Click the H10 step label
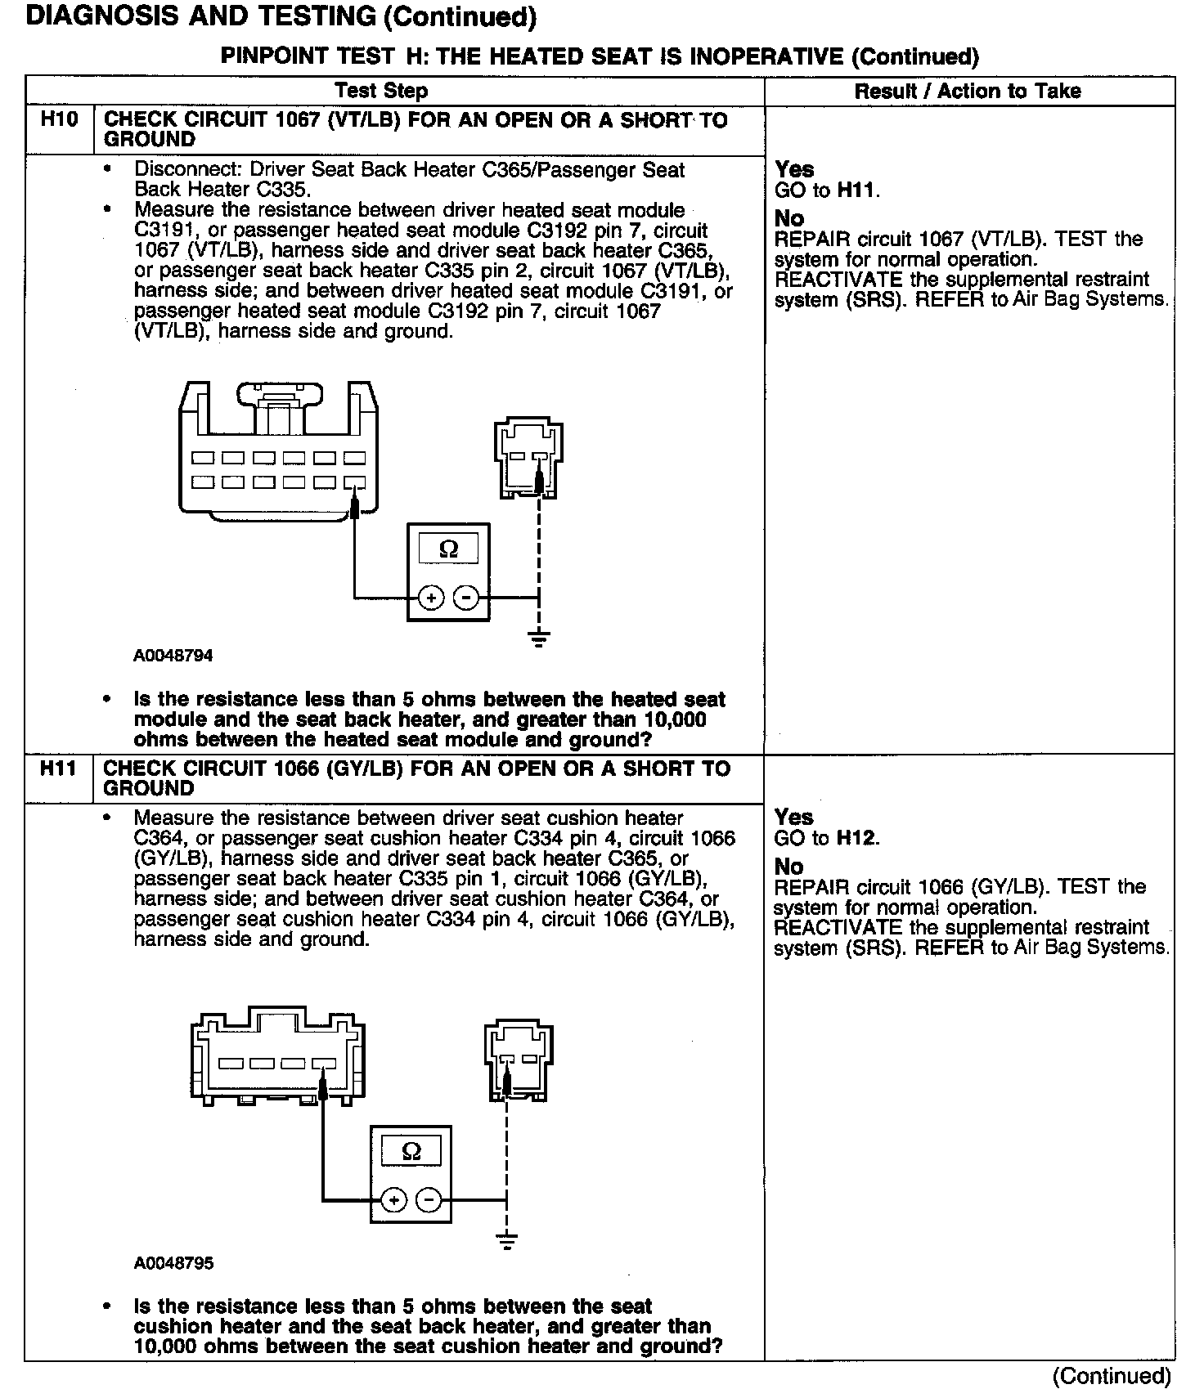pyautogui.click(x=59, y=120)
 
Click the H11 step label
pyautogui.click(x=59, y=768)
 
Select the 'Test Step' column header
pyautogui.click(x=381, y=91)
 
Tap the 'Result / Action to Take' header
pyautogui.click(x=968, y=91)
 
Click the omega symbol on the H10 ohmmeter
pyautogui.click(x=449, y=549)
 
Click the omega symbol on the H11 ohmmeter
pyautogui.click(x=411, y=1152)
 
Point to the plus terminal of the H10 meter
pyautogui.click(x=430, y=598)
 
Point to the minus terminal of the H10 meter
pyautogui.click(x=466, y=598)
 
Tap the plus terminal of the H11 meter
pyautogui.click(x=393, y=1200)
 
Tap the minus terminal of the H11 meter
pyautogui.click(x=429, y=1200)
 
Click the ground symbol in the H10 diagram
pyautogui.click(x=538, y=638)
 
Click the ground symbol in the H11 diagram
pyautogui.click(x=507, y=1241)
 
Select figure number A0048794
pyautogui.click(x=173, y=656)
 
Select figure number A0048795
pyautogui.click(x=173, y=1263)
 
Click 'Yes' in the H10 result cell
pyautogui.click(x=794, y=169)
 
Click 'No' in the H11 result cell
pyautogui.click(x=788, y=867)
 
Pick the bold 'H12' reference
pyautogui.click(x=856, y=838)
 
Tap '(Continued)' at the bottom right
pyautogui.click(x=1112, y=1375)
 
